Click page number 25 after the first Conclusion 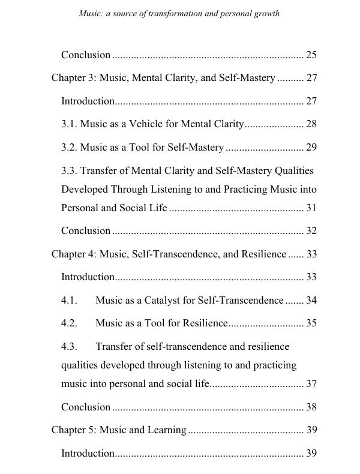tap(311, 55)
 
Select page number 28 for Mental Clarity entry tap(311, 124)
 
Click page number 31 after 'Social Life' tap(311, 208)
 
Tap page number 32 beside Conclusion tap(311, 231)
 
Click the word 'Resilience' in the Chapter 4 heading tap(263, 254)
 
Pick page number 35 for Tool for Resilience tap(311, 323)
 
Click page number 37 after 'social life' tap(311, 383)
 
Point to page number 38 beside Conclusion tap(311, 407)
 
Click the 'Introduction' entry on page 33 tap(88, 277)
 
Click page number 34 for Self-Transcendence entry tap(311, 300)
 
